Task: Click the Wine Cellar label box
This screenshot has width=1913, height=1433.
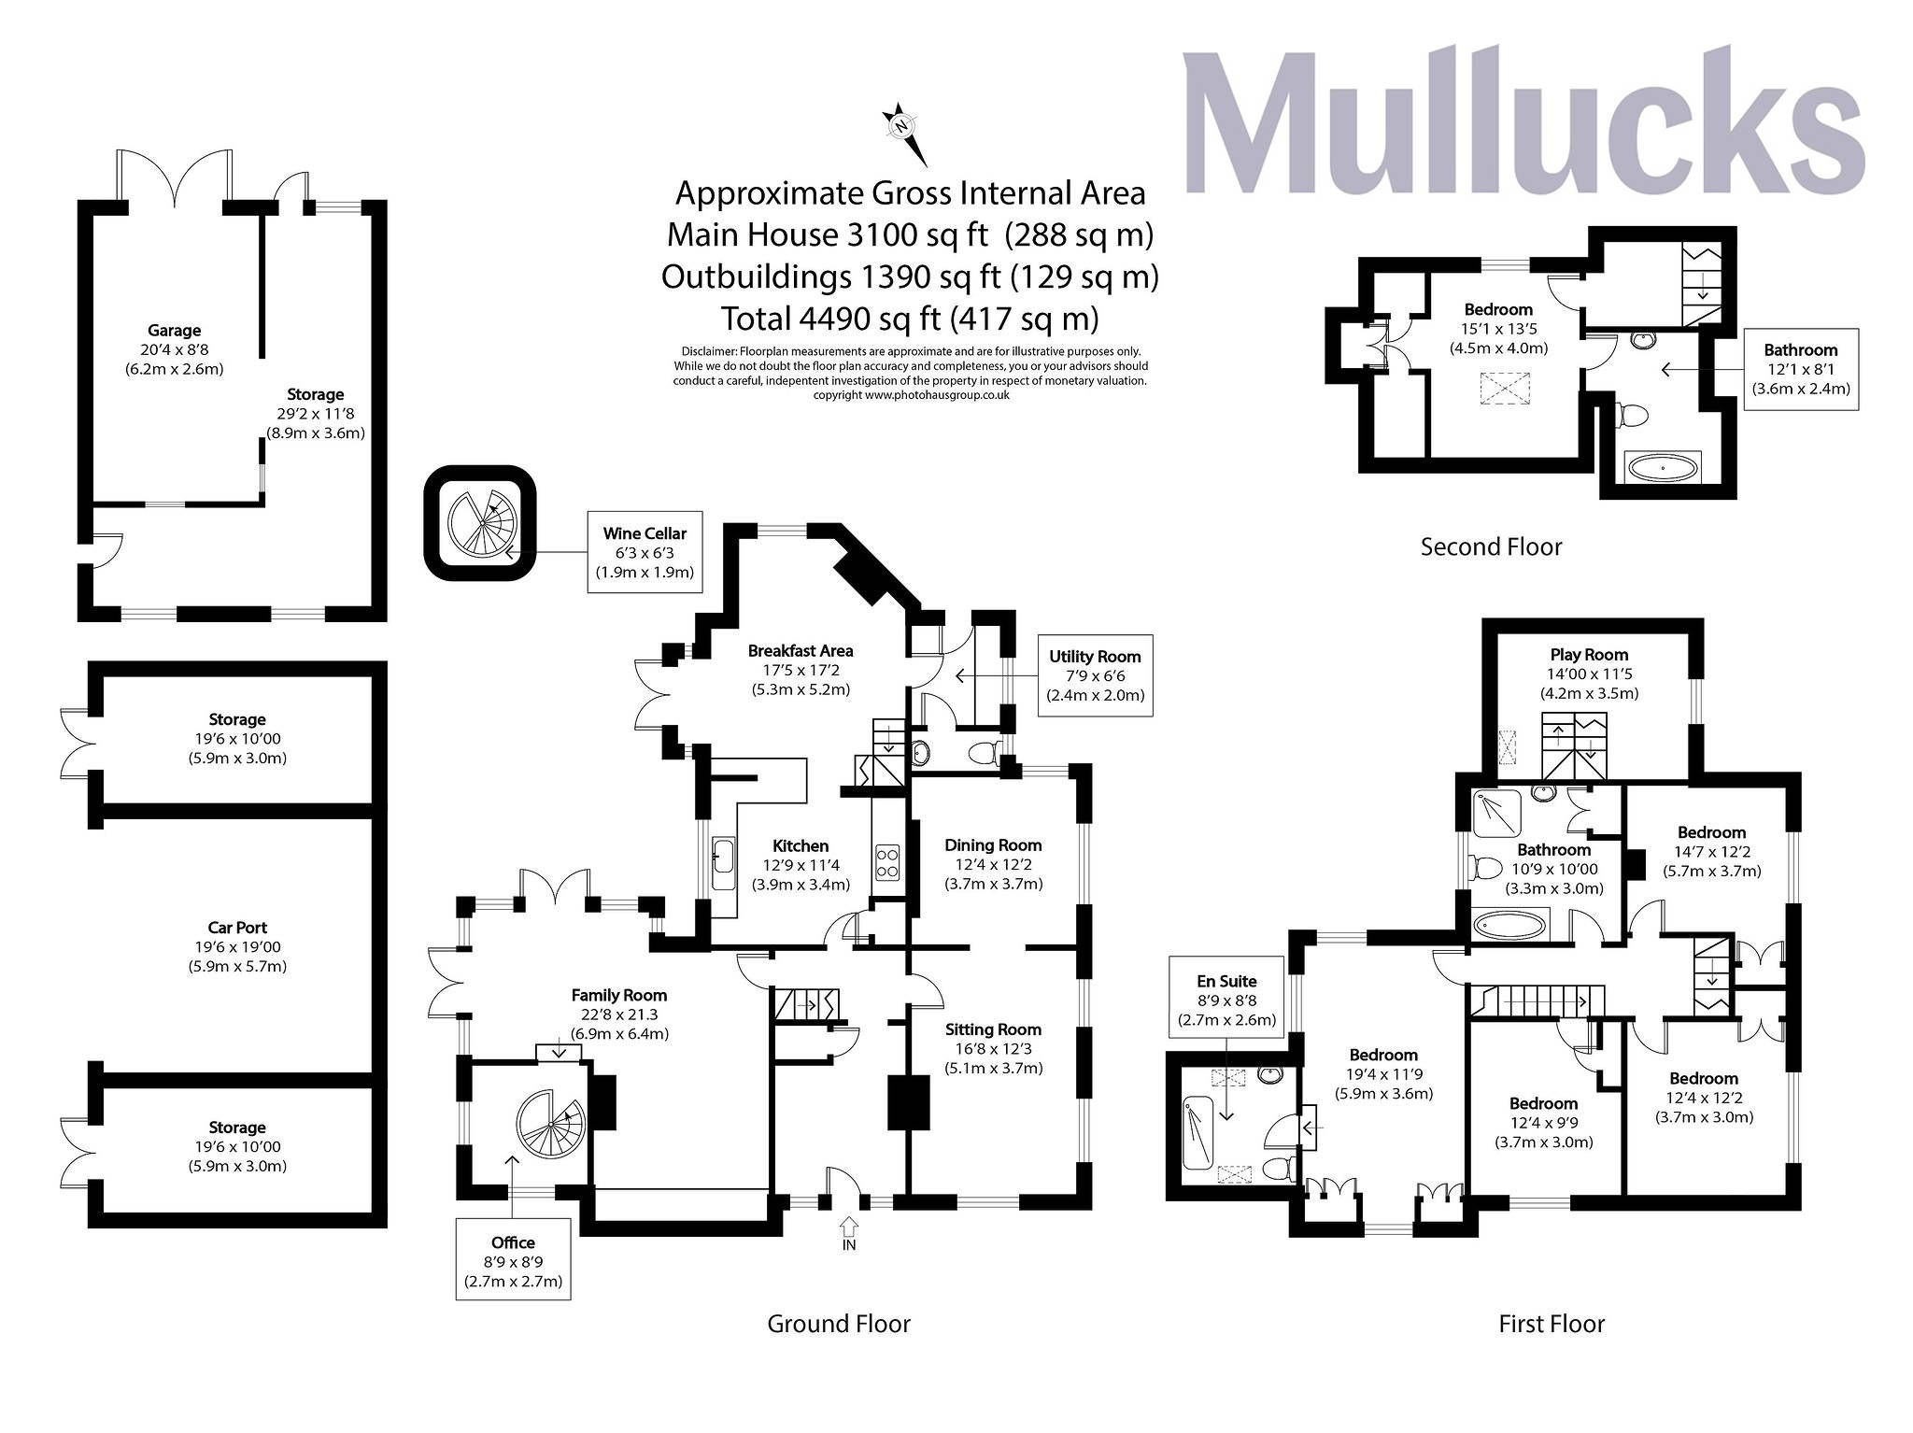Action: [x=645, y=552]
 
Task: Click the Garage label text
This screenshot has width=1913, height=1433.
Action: [x=175, y=331]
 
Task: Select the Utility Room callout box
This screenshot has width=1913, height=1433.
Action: [x=1095, y=675]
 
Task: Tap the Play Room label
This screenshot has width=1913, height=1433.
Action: [x=1589, y=655]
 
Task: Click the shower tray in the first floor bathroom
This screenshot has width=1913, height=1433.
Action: [x=1496, y=813]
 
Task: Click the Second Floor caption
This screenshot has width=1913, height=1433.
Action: [x=1491, y=546]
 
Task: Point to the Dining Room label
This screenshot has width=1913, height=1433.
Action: [x=993, y=845]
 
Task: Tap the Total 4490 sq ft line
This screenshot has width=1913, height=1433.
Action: [x=909, y=319]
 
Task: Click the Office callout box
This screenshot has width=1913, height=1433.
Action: [x=513, y=1259]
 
